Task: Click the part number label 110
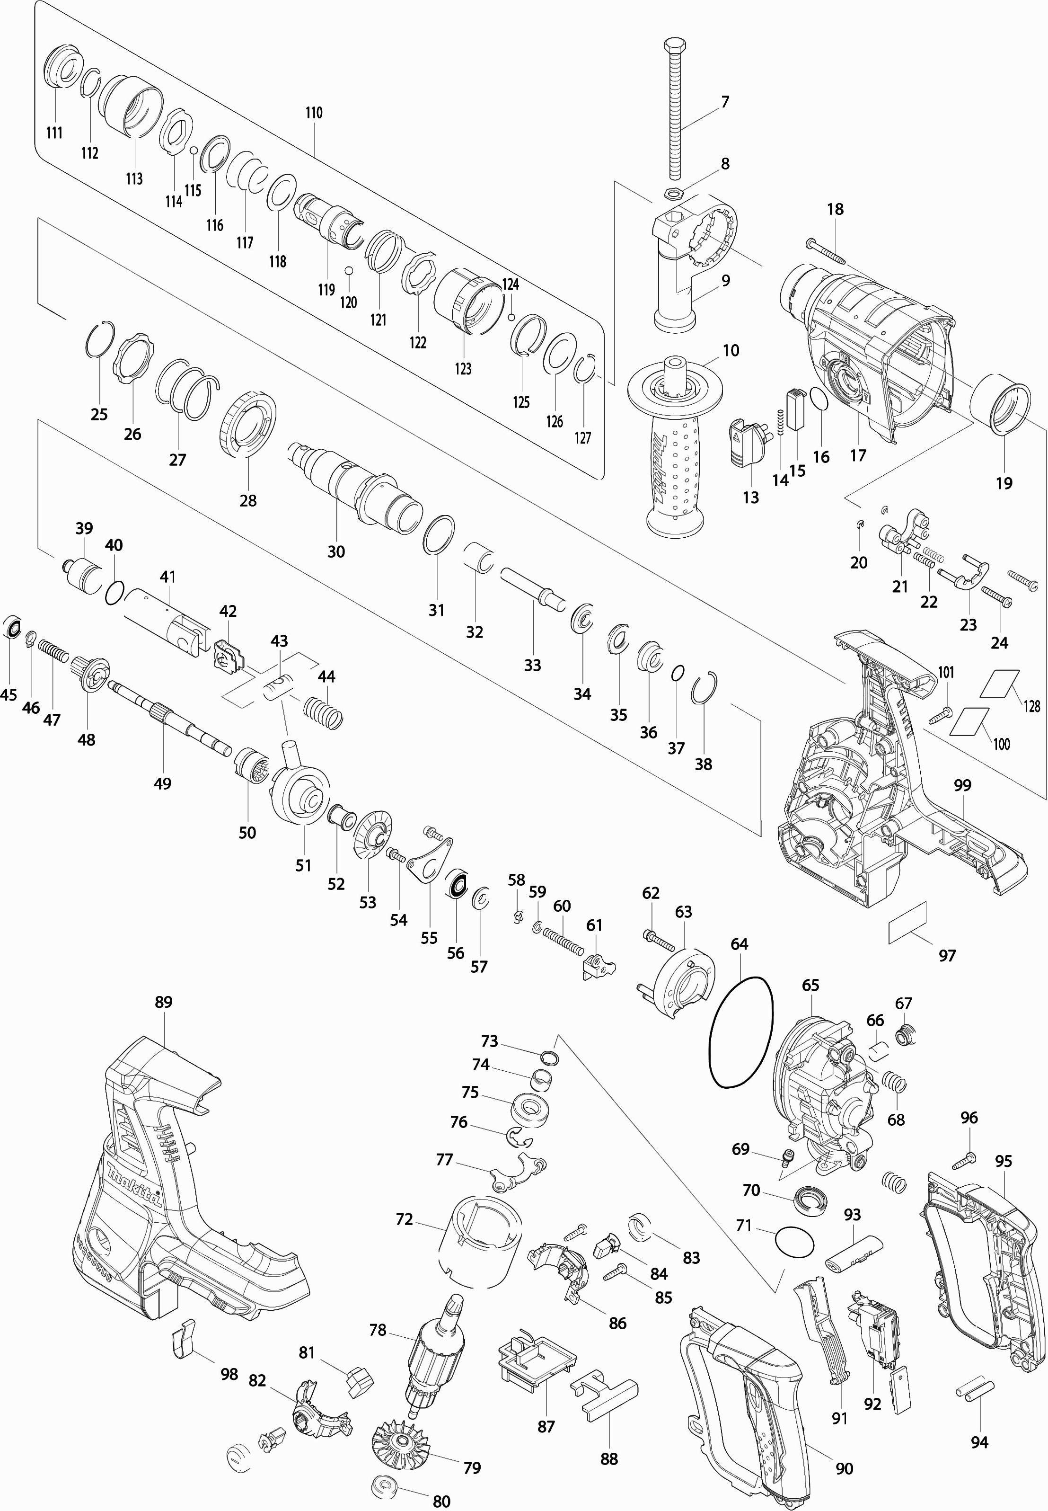pyautogui.click(x=314, y=113)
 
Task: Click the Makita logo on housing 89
pyautogui.click(x=135, y=1184)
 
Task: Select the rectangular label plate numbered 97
pyautogui.click(x=907, y=923)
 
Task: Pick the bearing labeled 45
pyautogui.click(x=12, y=629)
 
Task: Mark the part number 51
pyautogui.click(x=303, y=865)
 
